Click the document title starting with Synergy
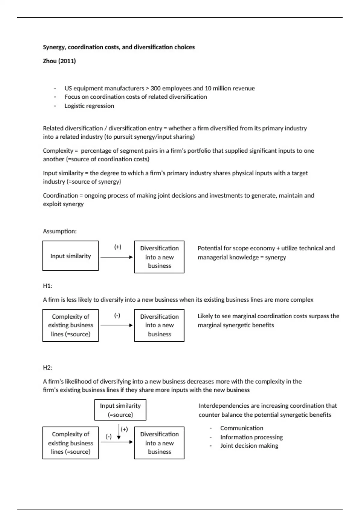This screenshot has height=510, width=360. [118, 47]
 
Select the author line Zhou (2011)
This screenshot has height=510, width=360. [59, 61]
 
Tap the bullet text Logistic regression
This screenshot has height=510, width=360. [89, 106]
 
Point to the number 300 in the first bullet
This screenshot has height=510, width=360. [156, 88]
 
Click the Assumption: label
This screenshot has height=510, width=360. [60, 231]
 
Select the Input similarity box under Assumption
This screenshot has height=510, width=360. [70, 256]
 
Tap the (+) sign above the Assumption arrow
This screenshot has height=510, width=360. [118, 247]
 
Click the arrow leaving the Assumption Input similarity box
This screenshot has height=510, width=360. [116, 257]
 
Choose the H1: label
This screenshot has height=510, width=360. [47, 286]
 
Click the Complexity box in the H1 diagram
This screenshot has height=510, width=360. [70, 325]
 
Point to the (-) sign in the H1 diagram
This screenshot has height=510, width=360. [117, 315]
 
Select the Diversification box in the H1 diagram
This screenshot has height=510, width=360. [159, 325]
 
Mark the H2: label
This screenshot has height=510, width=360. [47, 368]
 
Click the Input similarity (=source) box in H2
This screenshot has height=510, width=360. [120, 410]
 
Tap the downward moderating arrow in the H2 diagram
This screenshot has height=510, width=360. [119, 432]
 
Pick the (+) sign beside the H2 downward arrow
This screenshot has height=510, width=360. [124, 429]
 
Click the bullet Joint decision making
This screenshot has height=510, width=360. [249, 446]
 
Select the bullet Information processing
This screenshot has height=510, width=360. [251, 437]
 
